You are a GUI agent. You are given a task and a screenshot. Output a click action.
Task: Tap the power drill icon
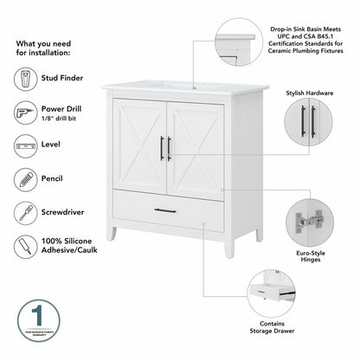pyautogui.click(x=27, y=112)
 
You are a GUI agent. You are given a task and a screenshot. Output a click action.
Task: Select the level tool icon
pyautogui.click(x=27, y=145)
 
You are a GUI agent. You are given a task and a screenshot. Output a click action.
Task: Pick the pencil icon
pyautogui.click(x=27, y=178)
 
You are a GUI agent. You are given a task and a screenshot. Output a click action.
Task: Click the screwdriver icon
pyautogui.click(x=27, y=211)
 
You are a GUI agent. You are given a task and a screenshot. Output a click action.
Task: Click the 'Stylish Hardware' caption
pyautogui.click(x=309, y=92)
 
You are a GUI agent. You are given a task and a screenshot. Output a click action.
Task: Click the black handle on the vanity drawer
pyautogui.click(x=165, y=210)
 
